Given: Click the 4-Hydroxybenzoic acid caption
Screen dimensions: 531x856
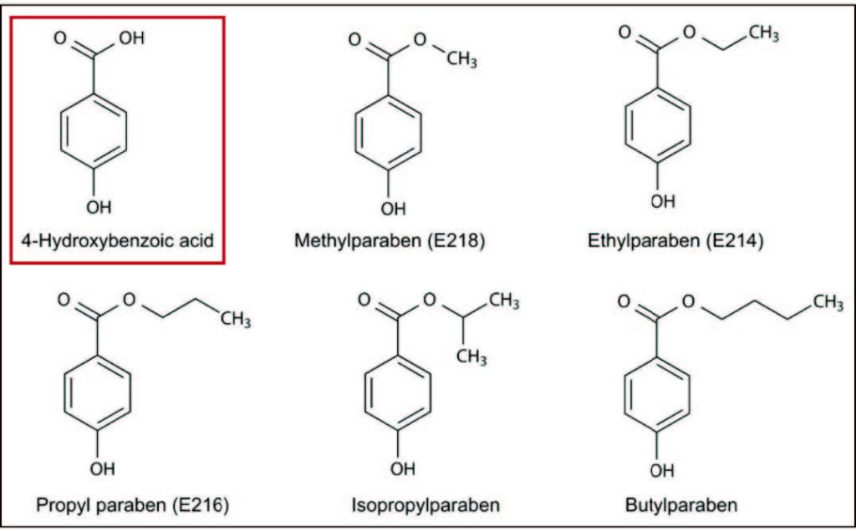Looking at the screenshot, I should pos(118,241).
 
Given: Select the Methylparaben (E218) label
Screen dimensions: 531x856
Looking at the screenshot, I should pos(390,241).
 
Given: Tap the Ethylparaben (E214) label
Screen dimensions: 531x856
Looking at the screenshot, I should pos(675,241).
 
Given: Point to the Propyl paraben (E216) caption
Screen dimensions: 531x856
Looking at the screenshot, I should pos(132,504).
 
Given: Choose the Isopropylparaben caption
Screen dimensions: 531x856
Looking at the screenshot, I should pos(426,504).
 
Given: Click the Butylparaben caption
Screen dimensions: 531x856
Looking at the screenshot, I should pos(681,504).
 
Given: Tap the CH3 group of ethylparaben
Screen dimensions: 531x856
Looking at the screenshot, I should pos(763,33).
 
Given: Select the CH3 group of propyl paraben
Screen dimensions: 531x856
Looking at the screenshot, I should pos(236,320).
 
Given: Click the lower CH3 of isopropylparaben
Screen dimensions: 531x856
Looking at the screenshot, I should pos(471,357).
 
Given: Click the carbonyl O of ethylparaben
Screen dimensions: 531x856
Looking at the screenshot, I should pos(624,33).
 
